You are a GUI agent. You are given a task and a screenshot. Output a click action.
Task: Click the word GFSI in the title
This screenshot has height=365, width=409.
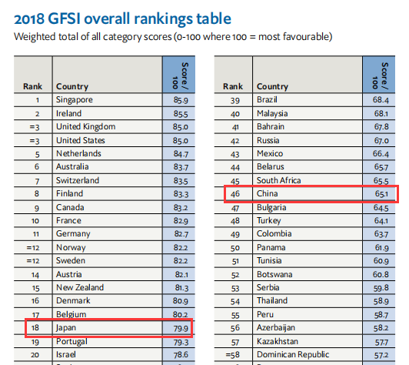64,18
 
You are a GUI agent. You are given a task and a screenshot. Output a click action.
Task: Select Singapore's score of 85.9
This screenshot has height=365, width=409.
181,100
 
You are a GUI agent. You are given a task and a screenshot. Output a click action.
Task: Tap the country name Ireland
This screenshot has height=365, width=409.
69,113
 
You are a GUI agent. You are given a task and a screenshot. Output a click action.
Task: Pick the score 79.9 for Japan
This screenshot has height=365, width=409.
181,328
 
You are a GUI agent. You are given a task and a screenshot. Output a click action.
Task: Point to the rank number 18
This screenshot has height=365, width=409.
35,327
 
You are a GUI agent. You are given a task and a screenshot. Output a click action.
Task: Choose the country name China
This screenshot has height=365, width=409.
267,193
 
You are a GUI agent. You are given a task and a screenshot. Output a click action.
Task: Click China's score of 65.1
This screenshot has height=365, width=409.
381,194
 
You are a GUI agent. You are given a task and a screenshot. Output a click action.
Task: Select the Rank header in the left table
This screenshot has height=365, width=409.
32,86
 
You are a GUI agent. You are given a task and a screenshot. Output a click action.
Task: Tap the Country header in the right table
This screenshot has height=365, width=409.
272,86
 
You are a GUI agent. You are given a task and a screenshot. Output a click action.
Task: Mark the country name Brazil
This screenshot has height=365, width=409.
267,99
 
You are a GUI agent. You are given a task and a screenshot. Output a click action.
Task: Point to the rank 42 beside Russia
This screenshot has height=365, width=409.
235,141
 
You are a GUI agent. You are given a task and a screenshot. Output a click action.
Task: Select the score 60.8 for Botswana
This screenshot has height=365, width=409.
381,275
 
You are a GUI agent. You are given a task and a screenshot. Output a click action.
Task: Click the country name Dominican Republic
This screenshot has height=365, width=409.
293,354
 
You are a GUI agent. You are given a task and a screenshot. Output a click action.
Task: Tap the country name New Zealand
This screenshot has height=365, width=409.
80,287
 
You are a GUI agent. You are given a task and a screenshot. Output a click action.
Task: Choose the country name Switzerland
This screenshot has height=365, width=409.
78,180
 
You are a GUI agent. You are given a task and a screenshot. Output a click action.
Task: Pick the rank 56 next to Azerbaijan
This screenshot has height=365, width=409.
235,328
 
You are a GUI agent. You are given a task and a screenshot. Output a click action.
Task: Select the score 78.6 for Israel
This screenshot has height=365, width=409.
181,355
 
